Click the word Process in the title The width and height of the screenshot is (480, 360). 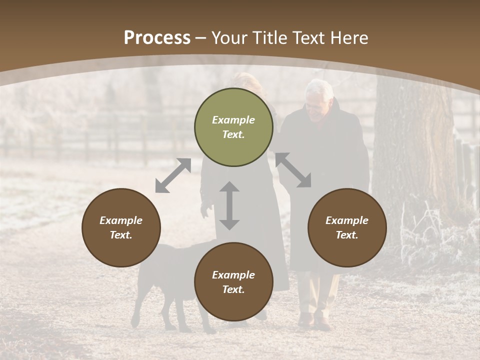click(x=157, y=38)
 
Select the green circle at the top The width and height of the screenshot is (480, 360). click(x=233, y=127)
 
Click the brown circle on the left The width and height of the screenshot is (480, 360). click(x=121, y=227)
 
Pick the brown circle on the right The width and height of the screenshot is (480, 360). click(x=347, y=227)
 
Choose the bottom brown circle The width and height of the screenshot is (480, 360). click(x=233, y=282)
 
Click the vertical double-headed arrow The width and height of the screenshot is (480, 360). click(x=229, y=205)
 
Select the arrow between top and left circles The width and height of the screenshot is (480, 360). click(x=173, y=175)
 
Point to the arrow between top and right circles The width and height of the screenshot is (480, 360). click(x=293, y=170)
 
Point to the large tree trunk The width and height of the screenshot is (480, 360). click(x=410, y=150)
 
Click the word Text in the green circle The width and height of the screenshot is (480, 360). click(x=233, y=134)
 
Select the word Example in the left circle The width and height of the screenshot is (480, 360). click(x=121, y=220)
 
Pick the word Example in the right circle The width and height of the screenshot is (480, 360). click(x=347, y=220)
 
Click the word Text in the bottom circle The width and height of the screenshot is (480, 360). click(x=233, y=289)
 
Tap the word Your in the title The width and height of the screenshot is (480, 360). click(x=229, y=38)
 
